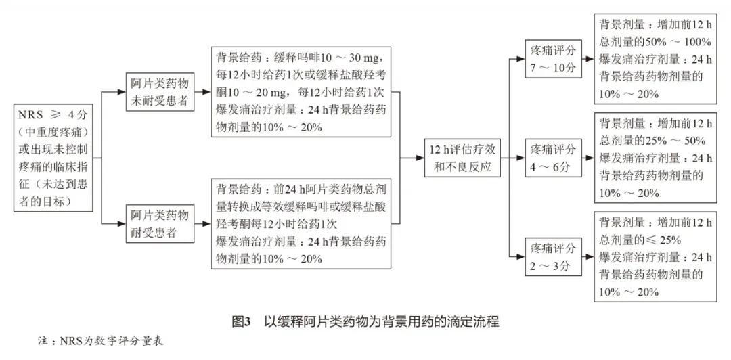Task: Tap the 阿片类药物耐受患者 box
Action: pyautogui.click(x=160, y=223)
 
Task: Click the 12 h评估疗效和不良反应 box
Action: pyautogui.click(x=462, y=158)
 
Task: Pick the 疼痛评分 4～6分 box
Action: pyautogui.click(x=553, y=157)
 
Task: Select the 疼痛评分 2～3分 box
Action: pyautogui.click(x=553, y=256)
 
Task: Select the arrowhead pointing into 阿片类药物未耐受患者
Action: pyautogui.click(x=123, y=93)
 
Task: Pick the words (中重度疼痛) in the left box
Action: pyautogui.click(x=55, y=130)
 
